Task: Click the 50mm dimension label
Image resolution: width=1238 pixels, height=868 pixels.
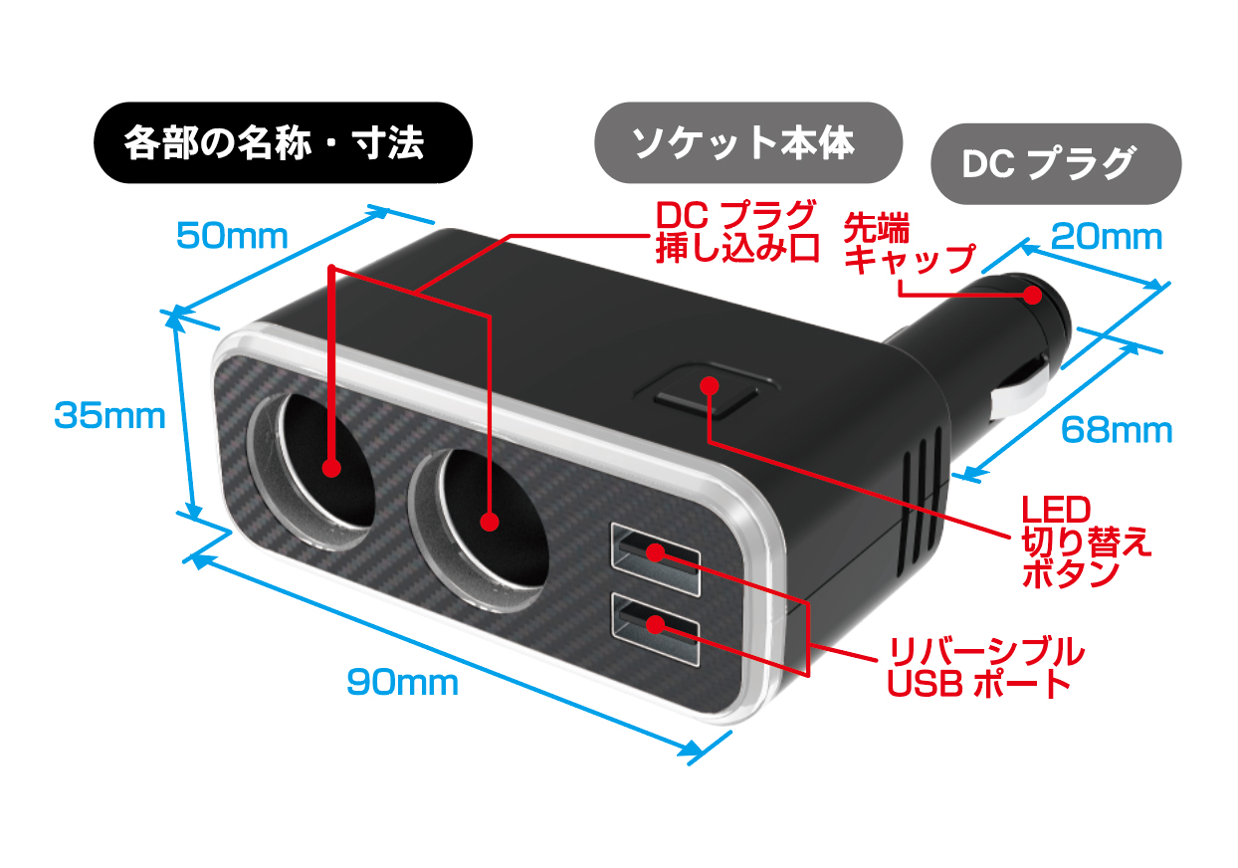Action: (232, 236)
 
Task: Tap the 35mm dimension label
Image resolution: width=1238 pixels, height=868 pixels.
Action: (110, 416)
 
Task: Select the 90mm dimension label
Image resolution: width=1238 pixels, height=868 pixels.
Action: (402, 683)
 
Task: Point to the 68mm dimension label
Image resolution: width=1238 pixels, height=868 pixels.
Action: (1117, 430)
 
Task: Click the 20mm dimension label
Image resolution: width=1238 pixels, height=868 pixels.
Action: (1107, 237)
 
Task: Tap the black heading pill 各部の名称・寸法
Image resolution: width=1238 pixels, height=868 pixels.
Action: (283, 142)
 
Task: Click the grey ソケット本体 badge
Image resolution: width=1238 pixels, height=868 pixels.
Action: (748, 142)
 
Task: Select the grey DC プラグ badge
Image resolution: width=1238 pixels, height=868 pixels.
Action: (1056, 163)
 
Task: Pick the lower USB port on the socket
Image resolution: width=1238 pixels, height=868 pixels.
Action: (656, 629)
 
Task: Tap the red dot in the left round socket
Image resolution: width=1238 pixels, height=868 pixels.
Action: (331, 468)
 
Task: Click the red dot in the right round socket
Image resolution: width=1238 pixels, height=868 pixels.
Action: (490, 522)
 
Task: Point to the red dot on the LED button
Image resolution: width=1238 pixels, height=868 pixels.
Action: (709, 385)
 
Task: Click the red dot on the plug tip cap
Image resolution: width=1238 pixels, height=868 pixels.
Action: (1032, 295)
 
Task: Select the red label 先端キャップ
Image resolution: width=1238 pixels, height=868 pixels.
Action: (910, 243)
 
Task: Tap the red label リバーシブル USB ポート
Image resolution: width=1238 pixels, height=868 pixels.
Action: (985, 668)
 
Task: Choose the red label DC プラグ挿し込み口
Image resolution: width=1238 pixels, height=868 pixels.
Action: (737, 231)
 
